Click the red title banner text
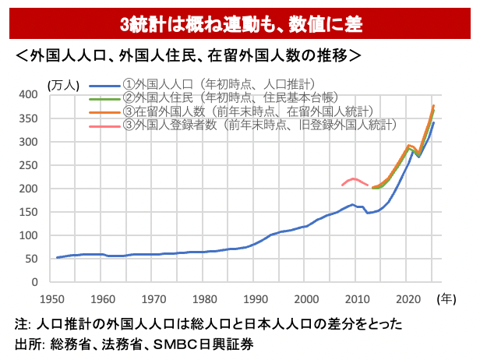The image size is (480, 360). point(240,24)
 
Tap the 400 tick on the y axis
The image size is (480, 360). point(28,94)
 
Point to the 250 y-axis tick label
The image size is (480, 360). point(28,165)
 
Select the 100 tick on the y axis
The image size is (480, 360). point(28,236)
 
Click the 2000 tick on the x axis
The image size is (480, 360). point(306,298)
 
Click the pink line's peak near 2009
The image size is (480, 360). point(355,178)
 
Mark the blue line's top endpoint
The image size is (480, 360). point(433,122)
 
